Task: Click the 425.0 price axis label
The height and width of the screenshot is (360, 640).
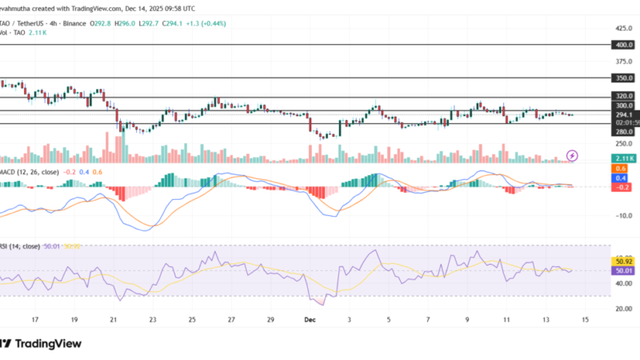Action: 624,26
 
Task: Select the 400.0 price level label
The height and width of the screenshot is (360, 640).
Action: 624,46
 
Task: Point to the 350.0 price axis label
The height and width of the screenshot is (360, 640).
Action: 624,78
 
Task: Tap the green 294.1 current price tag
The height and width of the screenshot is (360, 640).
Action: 624,114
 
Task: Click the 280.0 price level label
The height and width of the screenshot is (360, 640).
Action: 624,131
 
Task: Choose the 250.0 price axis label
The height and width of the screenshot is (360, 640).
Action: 624,144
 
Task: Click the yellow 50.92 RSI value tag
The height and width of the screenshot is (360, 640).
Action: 624,261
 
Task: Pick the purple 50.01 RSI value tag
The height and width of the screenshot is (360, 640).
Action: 624,271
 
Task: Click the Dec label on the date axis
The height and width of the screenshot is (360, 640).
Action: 310,319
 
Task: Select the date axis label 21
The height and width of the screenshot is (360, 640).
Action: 113,319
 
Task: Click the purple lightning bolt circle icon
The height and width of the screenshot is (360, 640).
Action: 572,155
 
